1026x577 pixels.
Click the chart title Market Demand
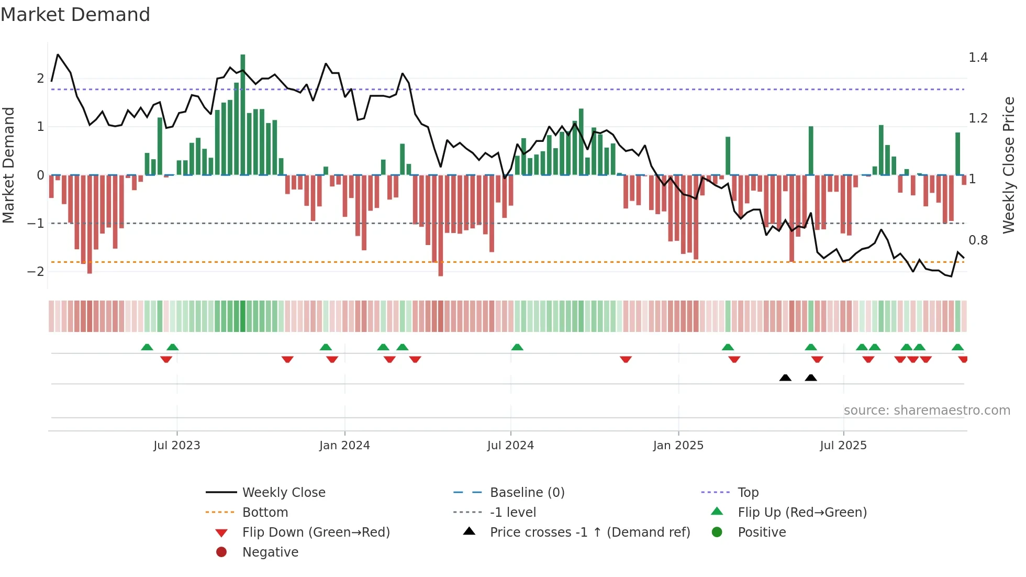tap(75, 15)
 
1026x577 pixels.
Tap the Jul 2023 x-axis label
tap(176, 446)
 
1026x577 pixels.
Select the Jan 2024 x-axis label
tap(344, 446)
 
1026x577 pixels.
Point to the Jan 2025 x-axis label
tap(678, 446)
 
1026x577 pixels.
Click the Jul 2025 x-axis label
tap(843, 446)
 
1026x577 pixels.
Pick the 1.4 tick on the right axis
tap(978, 58)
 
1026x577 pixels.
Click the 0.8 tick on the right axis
tap(978, 240)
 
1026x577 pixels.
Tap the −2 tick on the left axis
tap(36, 272)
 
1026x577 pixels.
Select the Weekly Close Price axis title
tap(1008, 165)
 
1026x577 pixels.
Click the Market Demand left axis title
tap(8, 165)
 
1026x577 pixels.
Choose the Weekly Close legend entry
tap(283, 493)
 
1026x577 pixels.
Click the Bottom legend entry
tap(265, 513)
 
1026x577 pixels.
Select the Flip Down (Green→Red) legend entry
tap(316, 532)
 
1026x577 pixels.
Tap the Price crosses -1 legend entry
tap(589, 532)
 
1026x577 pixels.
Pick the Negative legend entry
tap(270, 552)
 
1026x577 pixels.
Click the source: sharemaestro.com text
tap(927, 410)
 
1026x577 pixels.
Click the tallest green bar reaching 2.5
tap(243, 115)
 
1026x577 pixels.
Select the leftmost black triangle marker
tap(785, 378)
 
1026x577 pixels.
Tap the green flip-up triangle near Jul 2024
tap(517, 347)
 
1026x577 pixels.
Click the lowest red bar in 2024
tap(441, 225)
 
